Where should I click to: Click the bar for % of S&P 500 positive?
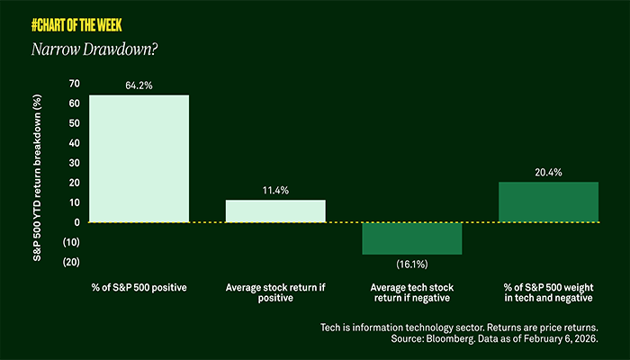tap(139, 157)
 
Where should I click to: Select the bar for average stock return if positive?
tap(275, 211)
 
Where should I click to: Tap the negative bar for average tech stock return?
tap(411, 238)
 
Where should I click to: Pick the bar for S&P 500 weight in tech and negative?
tap(548, 202)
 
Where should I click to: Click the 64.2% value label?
tap(139, 86)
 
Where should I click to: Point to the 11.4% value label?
tap(275, 191)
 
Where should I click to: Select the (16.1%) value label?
tap(411, 264)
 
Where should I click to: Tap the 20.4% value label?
tap(548, 173)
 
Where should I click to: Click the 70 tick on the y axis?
tap(73, 84)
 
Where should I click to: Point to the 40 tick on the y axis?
tap(73, 143)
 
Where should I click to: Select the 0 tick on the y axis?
tap(76, 222)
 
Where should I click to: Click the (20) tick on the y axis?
tap(70, 262)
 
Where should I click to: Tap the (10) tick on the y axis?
tap(70, 242)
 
